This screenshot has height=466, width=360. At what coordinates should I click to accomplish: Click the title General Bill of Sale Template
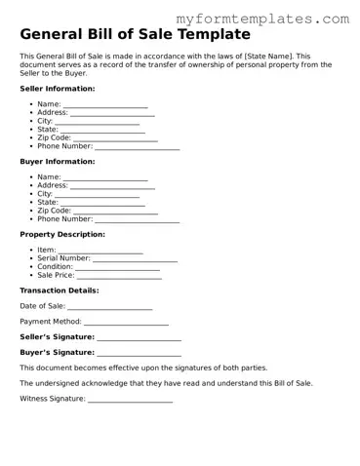pyautogui.click(x=141, y=35)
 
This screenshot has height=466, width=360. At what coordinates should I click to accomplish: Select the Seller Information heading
pyautogui.click(x=58, y=88)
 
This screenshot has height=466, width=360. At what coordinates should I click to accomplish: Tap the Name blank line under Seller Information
pyautogui.click(x=105, y=103)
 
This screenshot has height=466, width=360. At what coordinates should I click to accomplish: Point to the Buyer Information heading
pyautogui.click(x=58, y=161)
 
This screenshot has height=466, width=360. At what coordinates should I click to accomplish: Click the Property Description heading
pyautogui.click(x=62, y=234)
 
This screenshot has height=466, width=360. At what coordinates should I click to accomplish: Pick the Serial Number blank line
pyautogui.click(x=135, y=258)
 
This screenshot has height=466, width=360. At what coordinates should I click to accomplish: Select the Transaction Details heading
pyautogui.click(x=60, y=291)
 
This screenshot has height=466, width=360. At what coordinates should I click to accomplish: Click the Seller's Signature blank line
pyautogui.click(x=140, y=337)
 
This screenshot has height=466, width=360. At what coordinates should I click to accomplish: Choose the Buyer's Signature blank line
pyautogui.click(x=140, y=353)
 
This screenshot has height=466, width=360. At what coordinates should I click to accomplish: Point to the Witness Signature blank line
pyautogui.click(x=131, y=400)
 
